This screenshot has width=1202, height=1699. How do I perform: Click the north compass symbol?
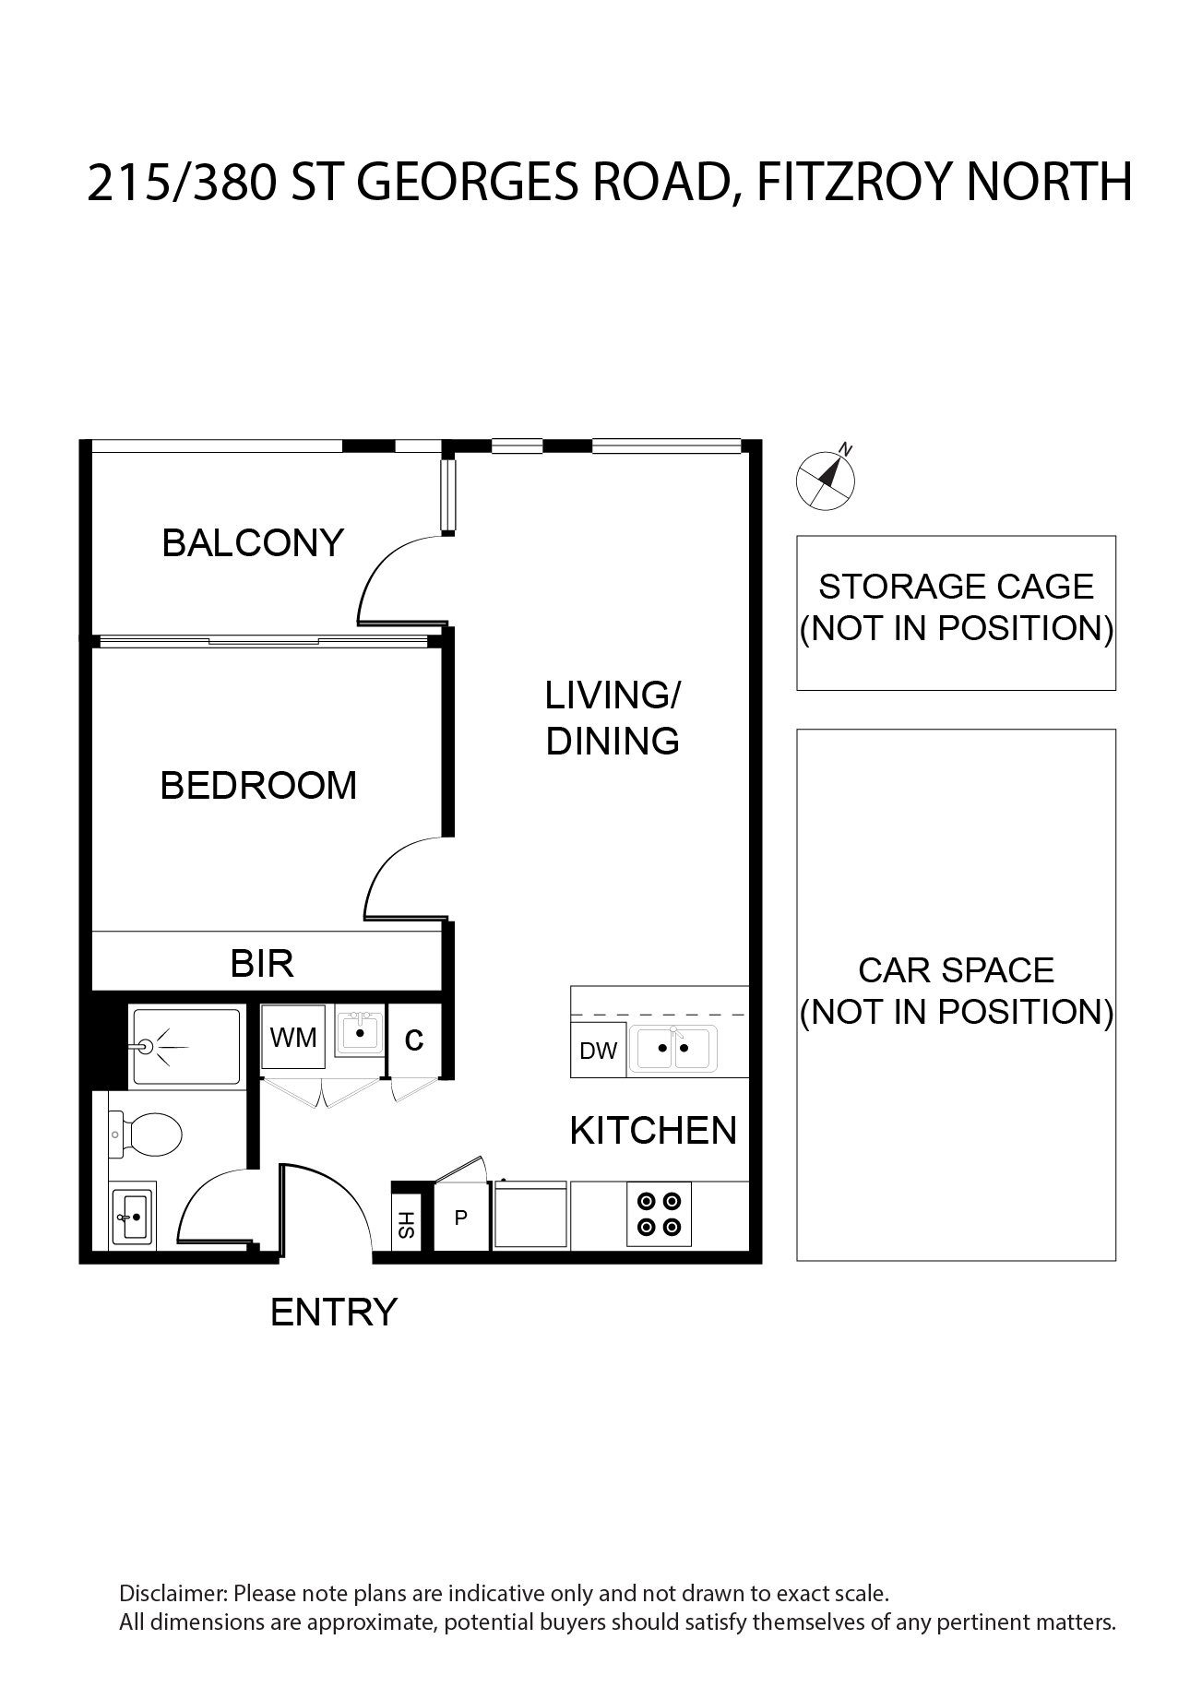point(826,478)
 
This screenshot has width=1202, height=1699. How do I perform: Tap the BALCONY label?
point(253,542)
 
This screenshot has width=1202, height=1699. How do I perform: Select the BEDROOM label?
point(258,786)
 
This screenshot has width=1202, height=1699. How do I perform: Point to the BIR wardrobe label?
point(262,963)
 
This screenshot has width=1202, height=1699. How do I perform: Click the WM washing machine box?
point(293,1038)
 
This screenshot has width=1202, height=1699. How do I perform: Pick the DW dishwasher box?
point(599,1051)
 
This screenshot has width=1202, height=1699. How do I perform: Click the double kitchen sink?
point(672,1049)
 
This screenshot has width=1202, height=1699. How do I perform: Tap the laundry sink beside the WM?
point(360,1033)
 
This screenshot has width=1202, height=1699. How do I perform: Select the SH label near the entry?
point(407,1225)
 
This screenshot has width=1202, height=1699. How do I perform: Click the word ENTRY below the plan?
point(334,1312)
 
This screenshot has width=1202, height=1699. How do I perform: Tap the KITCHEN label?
point(653,1131)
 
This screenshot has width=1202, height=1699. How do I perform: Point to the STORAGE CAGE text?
point(957,587)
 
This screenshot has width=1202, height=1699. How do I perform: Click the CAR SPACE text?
point(956,970)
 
